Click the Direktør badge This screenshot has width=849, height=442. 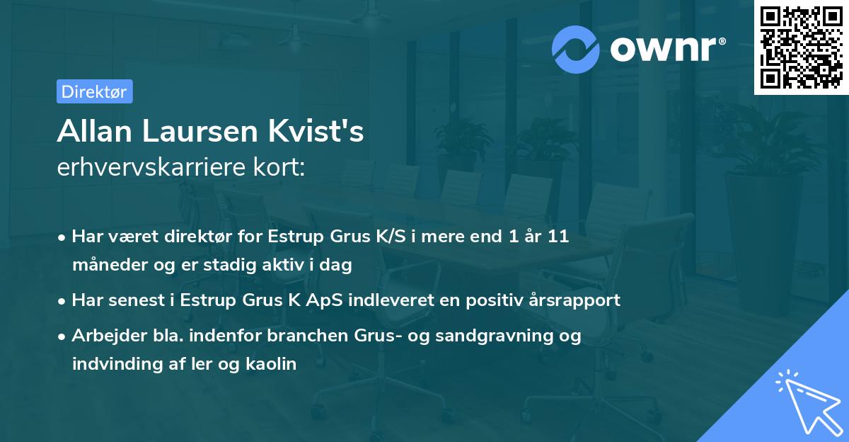point(94,91)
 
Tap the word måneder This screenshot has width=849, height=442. point(105,265)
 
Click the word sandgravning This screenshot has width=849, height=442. point(487,336)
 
